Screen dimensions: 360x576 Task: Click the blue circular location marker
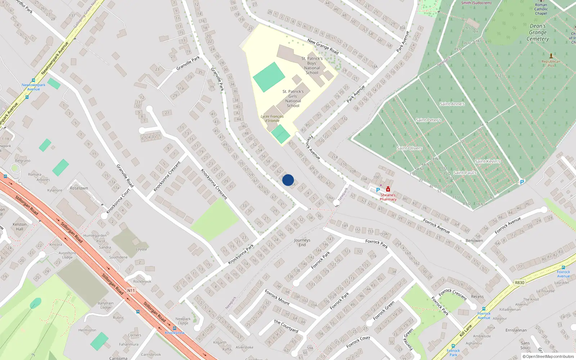tap(288, 180)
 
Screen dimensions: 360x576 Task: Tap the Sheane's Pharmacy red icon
tap(388, 189)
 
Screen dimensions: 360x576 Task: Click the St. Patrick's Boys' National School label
tap(312, 66)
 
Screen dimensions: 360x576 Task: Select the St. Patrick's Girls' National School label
tap(293, 99)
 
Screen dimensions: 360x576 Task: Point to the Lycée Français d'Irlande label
tap(272, 118)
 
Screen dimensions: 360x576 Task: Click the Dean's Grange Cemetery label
tap(538, 32)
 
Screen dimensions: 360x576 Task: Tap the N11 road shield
tap(131, 291)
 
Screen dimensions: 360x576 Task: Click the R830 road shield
tap(519, 283)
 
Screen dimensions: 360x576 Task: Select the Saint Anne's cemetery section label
tap(452, 104)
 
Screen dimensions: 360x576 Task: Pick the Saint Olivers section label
tap(409, 148)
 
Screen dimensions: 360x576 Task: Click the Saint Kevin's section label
tap(487, 161)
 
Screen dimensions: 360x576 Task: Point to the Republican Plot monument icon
tap(551, 56)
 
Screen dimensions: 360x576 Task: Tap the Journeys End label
tap(302, 242)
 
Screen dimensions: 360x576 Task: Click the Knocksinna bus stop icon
tap(175, 328)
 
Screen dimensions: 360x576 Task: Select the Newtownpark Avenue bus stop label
tap(33, 87)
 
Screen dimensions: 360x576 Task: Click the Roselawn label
tap(79, 188)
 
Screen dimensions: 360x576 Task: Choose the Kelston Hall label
tap(19, 226)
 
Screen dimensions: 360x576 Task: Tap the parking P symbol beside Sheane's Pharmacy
tap(378, 190)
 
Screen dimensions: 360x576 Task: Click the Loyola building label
tap(141, 249)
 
